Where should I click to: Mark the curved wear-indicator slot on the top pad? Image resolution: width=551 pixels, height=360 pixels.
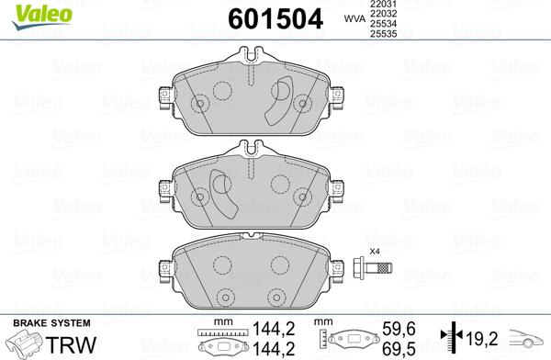point(276,105)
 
